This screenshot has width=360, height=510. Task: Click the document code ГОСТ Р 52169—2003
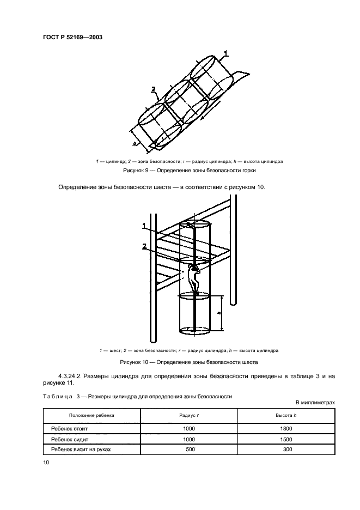[72, 37]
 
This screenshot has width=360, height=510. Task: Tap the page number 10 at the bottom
[46, 462]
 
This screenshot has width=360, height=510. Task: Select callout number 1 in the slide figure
[226, 52]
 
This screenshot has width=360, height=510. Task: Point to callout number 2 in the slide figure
[154, 89]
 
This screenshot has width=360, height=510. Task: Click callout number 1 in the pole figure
[144, 225]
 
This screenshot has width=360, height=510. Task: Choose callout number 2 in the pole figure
[144, 246]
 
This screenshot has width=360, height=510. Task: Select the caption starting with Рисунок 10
[190, 362]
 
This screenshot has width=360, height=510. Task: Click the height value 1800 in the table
[286, 429]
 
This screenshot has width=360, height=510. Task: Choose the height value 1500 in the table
[286, 439]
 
